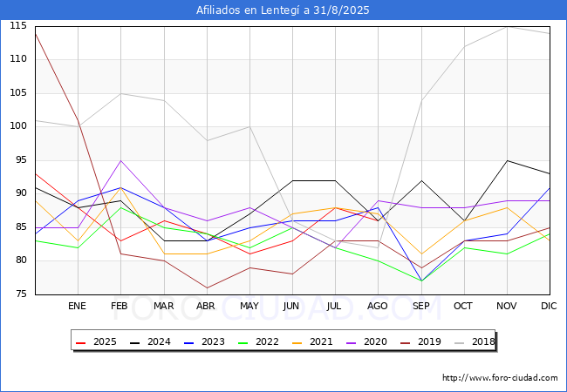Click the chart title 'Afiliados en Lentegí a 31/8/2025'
(x=283, y=10)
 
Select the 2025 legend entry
(x=97, y=341)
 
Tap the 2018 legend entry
(x=475, y=341)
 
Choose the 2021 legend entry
(x=313, y=341)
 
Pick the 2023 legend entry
(x=205, y=341)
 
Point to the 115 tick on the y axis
(x=18, y=26)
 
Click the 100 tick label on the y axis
(x=18, y=126)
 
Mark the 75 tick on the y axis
(x=21, y=294)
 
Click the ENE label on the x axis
(x=77, y=306)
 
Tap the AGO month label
(x=378, y=306)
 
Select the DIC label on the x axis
(x=549, y=306)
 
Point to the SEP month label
(x=421, y=306)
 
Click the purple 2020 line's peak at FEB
(x=120, y=160)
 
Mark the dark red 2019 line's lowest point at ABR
(x=207, y=287)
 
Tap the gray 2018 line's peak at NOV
(x=507, y=26)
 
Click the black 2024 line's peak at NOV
(x=507, y=160)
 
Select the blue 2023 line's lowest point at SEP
(x=421, y=280)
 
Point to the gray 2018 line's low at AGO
(x=379, y=247)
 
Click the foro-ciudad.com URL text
(x=500, y=378)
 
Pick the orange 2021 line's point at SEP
(x=421, y=254)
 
